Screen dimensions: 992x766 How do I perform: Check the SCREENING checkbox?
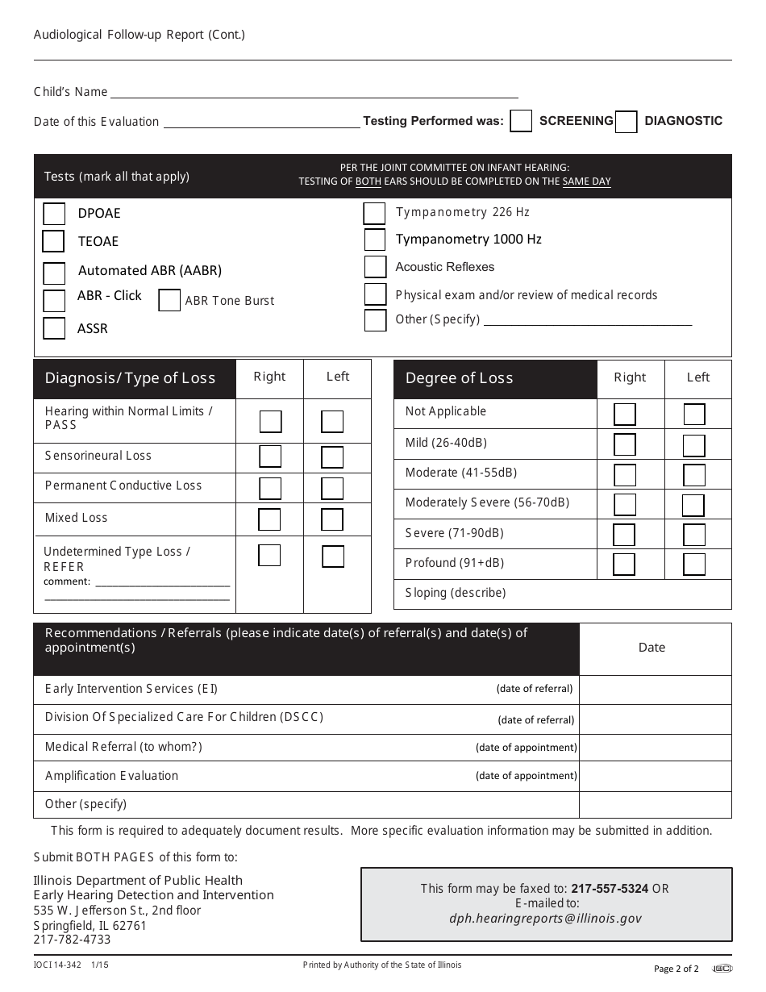(x=521, y=121)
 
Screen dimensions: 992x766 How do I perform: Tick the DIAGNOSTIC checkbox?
(x=626, y=121)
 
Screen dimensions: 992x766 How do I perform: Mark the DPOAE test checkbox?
(x=54, y=214)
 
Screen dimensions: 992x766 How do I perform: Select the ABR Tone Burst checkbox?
(x=169, y=300)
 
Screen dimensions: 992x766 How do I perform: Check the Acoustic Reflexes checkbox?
(x=375, y=267)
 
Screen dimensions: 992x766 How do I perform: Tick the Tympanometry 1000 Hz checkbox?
(x=375, y=240)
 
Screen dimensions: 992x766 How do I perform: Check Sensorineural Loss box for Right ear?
(x=270, y=456)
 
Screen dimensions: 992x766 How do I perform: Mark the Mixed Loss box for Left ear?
(x=332, y=519)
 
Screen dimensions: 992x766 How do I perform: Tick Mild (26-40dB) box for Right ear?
(x=625, y=444)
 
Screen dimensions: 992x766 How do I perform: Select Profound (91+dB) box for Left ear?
(x=694, y=564)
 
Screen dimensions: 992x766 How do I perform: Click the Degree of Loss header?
(x=460, y=378)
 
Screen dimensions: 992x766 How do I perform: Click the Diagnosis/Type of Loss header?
(x=131, y=378)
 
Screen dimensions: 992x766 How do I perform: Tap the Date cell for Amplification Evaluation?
(x=655, y=776)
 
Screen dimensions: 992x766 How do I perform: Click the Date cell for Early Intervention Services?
(x=655, y=690)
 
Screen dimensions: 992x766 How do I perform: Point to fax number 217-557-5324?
(x=610, y=889)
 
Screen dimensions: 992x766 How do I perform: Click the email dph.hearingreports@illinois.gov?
(x=546, y=918)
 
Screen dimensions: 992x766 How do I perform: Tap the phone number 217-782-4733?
(x=73, y=940)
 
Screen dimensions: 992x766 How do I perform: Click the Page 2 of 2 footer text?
(x=676, y=969)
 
